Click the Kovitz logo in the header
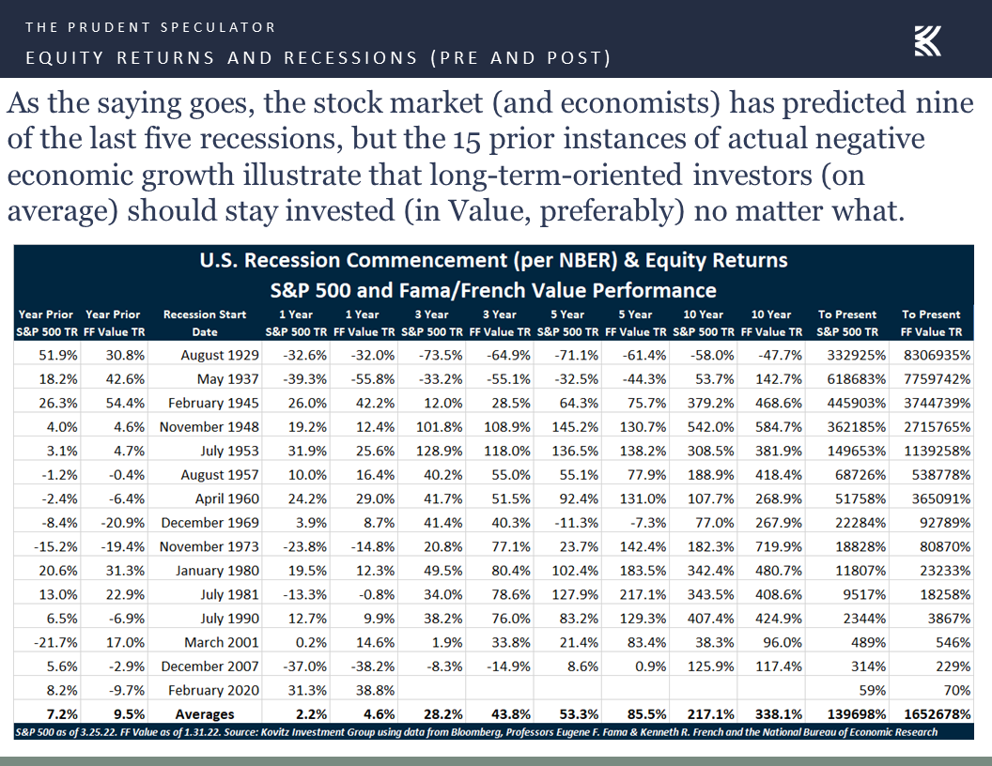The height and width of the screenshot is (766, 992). (x=927, y=41)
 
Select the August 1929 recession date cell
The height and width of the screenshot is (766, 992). (x=220, y=355)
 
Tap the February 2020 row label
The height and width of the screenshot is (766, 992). (x=213, y=690)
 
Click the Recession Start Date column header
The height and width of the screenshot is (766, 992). (x=205, y=323)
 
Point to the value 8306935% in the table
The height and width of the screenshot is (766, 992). (x=937, y=355)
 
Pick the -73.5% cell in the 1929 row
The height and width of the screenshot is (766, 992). (x=441, y=355)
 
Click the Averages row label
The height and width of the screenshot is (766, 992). (x=205, y=714)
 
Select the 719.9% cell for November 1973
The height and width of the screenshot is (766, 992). (x=779, y=546)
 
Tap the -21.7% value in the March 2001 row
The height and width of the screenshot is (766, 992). (x=55, y=643)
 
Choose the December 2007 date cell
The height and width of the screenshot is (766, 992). (x=209, y=666)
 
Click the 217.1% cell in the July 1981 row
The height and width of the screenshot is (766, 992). (x=643, y=595)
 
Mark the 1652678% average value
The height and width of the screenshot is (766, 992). (x=937, y=714)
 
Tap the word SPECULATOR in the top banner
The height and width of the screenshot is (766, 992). (x=218, y=27)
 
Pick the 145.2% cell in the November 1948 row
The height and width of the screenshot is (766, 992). (x=575, y=427)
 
